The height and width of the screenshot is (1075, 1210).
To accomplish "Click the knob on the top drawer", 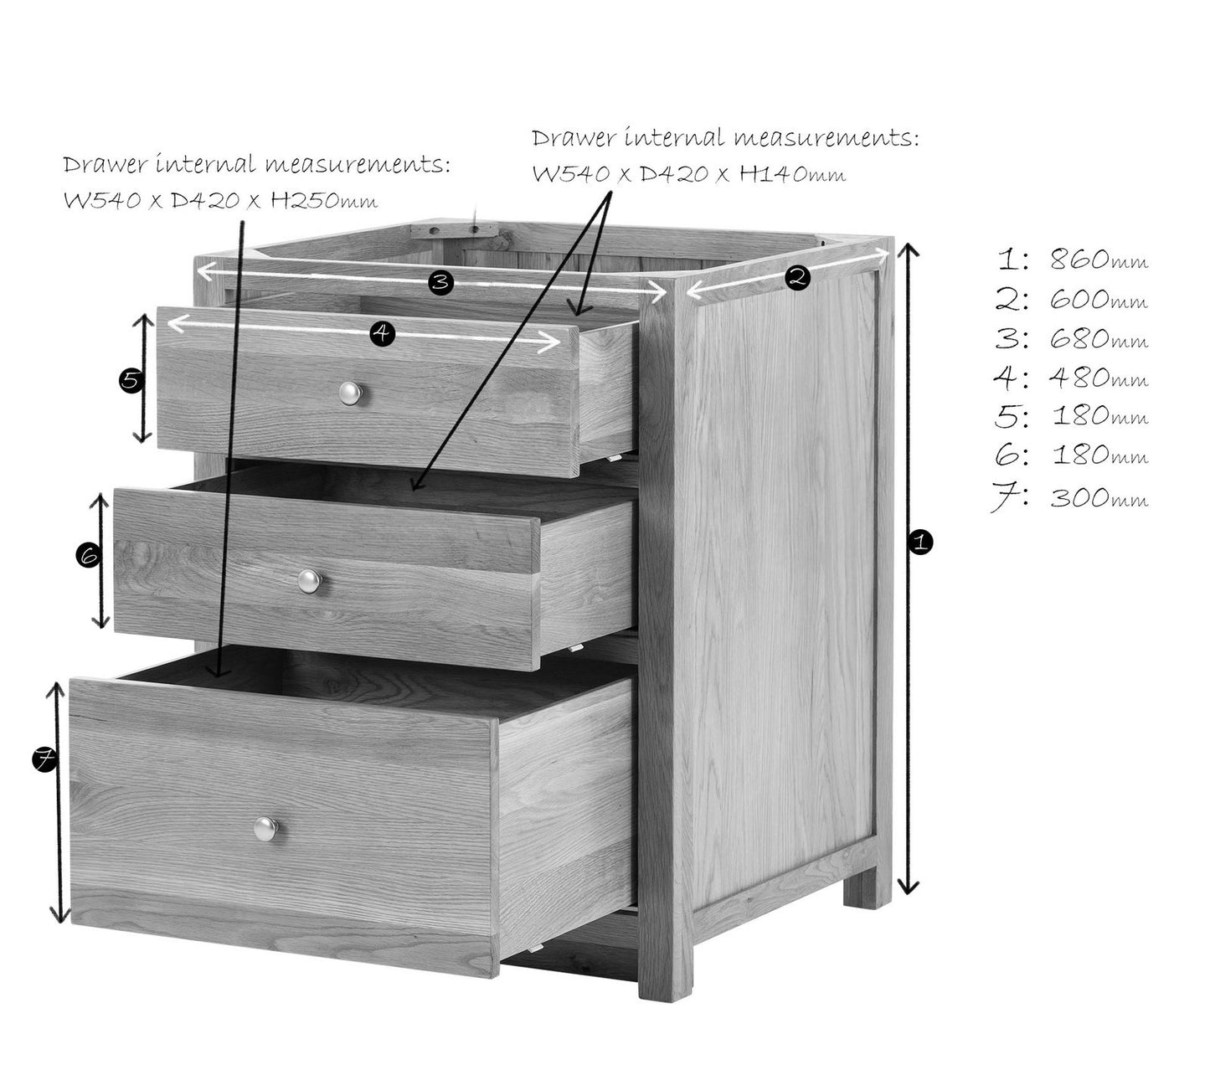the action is pyautogui.click(x=350, y=393).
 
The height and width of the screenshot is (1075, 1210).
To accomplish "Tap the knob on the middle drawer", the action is pyautogui.click(x=309, y=580).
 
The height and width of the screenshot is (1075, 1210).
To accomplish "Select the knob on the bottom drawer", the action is pyautogui.click(x=265, y=828).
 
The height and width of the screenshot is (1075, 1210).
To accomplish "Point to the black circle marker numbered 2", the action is pyautogui.click(x=797, y=277).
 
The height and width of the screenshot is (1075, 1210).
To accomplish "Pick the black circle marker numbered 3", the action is pyautogui.click(x=440, y=281).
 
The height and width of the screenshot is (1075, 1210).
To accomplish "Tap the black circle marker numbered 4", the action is pyautogui.click(x=382, y=332).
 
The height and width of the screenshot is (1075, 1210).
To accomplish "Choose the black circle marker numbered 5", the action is pyautogui.click(x=131, y=380).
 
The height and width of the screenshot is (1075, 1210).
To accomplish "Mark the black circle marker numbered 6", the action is pyautogui.click(x=89, y=557).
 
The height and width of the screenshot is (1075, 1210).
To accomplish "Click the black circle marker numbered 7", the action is pyautogui.click(x=44, y=759).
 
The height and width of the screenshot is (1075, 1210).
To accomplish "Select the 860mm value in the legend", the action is pyautogui.click(x=1098, y=260).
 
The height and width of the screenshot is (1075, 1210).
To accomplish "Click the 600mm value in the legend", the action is pyautogui.click(x=1098, y=299).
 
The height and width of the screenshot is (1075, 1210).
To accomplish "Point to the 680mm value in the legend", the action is pyautogui.click(x=1098, y=338).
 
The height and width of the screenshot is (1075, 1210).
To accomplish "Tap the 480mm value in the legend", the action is pyautogui.click(x=1098, y=378).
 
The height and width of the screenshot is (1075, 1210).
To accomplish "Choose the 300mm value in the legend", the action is pyautogui.click(x=1098, y=496).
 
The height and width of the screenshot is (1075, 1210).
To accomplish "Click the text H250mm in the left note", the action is pyautogui.click(x=324, y=200).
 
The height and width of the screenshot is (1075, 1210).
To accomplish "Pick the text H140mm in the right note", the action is pyautogui.click(x=792, y=174).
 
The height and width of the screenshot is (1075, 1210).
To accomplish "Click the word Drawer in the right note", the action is pyautogui.click(x=573, y=138).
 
